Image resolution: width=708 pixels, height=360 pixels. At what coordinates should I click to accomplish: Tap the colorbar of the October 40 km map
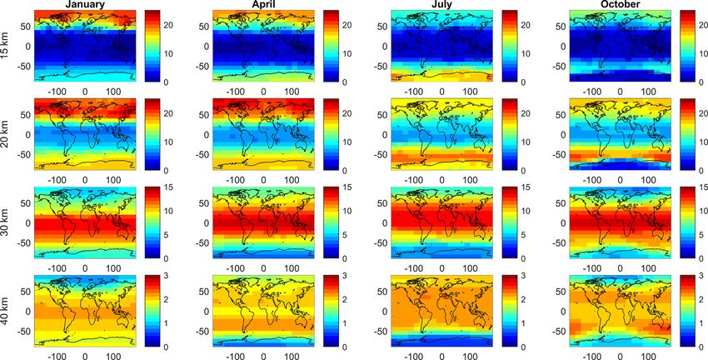tap(688, 311)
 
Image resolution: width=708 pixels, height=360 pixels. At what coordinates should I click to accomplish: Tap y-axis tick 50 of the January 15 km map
tap(25, 27)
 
